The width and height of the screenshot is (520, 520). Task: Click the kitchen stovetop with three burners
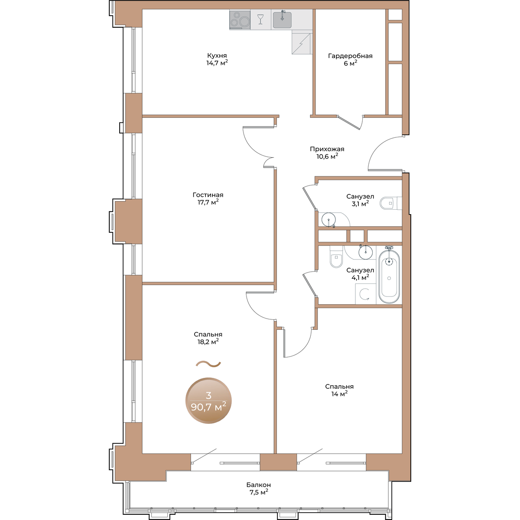(x=240, y=19)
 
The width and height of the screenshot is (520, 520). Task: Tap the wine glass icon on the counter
(x=260, y=19)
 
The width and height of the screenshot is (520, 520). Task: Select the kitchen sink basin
(x=282, y=19)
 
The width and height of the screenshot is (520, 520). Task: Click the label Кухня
(x=217, y=55)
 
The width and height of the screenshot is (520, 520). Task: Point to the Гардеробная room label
(x=350, y=56)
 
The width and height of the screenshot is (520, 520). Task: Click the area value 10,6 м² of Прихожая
(x=327, y=156)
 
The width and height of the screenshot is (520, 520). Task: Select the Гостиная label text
(x=208, y=195)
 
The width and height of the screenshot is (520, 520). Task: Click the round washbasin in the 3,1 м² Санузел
(x=328, y=219)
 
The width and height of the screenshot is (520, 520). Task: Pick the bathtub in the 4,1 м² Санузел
(x=389, y=276)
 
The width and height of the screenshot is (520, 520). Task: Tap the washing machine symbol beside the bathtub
(x=365, y=294)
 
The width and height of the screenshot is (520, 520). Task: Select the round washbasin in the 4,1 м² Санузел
(x=366, y=253)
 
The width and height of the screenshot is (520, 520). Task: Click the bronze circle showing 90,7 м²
(x=208, y=400)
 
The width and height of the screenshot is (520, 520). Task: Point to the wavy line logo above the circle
(x=208, y=364)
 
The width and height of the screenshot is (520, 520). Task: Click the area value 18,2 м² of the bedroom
(x=208, y=342)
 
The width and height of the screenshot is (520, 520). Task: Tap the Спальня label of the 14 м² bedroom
(x=339, y=387)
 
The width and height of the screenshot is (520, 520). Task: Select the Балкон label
(x=259, y=485)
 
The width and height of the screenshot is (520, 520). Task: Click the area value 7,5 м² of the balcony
(x=259, y=492)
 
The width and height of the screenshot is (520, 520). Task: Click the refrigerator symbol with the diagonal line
(x=302, y=42)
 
